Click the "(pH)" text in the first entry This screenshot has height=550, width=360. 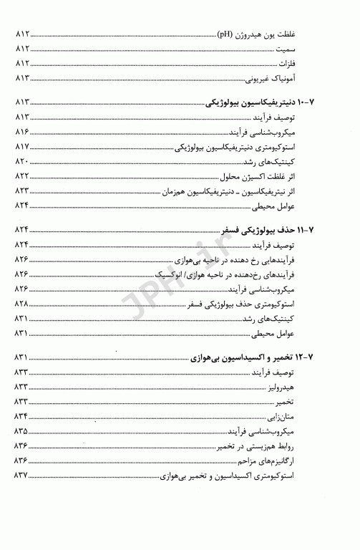[x=228, y=33]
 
